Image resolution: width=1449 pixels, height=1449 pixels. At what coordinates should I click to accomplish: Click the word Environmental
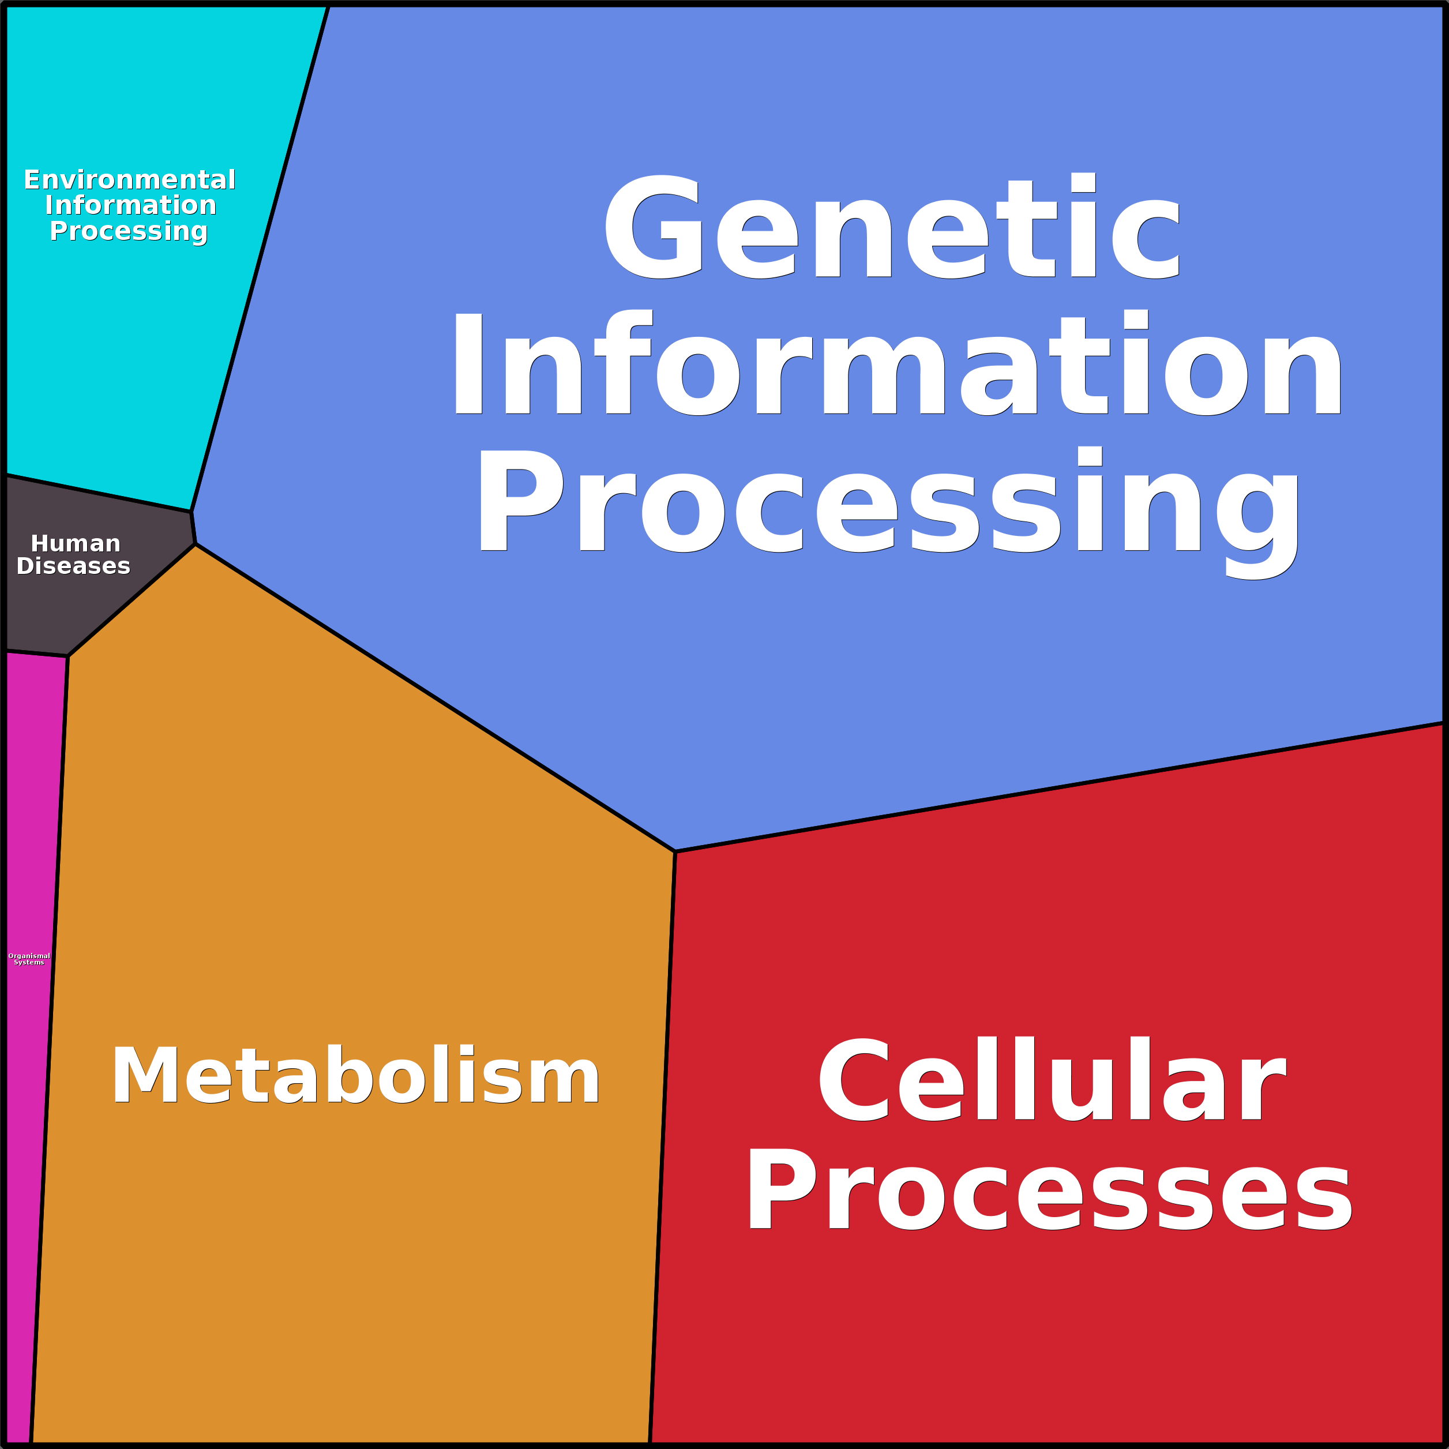point(130,180)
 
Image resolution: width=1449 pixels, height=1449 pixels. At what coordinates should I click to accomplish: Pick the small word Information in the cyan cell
point(130,205)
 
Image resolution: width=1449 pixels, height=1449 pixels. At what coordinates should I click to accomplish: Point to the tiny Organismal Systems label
point(29,959)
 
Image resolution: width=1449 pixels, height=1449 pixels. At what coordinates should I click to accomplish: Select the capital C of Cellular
point(854,1079)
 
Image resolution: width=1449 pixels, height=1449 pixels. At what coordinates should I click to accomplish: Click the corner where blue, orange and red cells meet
point(675,851)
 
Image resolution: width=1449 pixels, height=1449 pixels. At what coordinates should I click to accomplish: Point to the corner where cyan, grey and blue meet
point(192,512)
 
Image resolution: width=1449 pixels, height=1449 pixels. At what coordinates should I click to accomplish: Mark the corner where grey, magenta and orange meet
point(68,656)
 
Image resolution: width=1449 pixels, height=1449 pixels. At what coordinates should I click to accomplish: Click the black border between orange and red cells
point(662,1147)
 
